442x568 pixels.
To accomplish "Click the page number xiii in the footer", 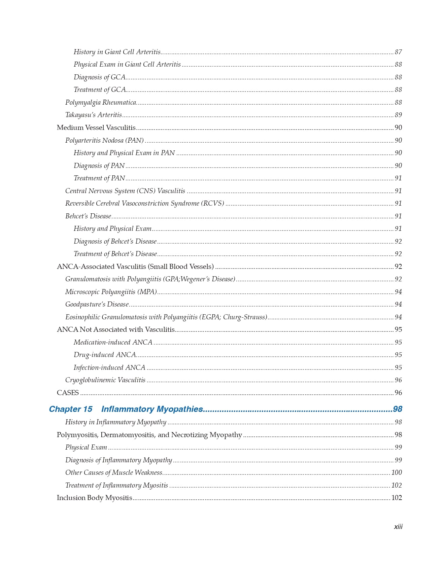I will click(398, 527).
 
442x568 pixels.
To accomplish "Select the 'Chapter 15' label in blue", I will click(70, 409).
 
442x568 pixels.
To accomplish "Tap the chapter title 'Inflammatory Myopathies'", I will click(152, 409).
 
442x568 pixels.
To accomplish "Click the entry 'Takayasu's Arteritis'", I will click(93, 115).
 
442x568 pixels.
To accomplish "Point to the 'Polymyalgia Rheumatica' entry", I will click(101, 102).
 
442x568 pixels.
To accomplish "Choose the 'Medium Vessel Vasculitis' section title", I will click(96, 128).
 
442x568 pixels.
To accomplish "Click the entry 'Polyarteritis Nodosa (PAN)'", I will click(104, 140).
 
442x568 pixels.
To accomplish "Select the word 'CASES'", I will click(68, 393).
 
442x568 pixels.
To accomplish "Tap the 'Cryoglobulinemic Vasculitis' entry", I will click(105, 380).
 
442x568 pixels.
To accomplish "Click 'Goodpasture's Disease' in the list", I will click(97, 305).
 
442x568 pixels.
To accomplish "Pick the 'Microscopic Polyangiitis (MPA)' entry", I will click(111, 292).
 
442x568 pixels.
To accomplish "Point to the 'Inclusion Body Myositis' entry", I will click(94, 498).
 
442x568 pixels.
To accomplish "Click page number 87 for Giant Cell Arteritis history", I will click(398, 52).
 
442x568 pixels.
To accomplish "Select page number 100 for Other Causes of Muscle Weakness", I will click(397, 473).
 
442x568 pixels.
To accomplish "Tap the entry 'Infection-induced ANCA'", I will click(109, 367).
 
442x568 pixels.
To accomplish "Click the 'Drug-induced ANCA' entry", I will click(105, 355).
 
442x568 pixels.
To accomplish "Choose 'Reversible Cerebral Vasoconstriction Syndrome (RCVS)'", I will click(144, 204).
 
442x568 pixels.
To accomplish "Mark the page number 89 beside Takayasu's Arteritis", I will click(398, 115).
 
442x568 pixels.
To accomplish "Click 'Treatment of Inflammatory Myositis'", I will click(116, 485).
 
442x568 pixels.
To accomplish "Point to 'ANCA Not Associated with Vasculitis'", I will click(115, 330).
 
